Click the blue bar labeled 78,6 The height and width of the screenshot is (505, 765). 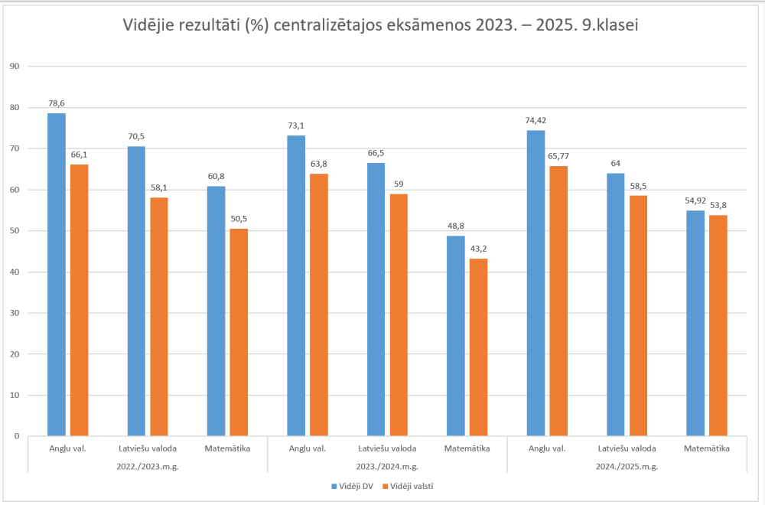(57, 275)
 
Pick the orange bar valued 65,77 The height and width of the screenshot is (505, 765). (558, 301)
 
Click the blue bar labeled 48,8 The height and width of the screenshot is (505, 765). (456, 336)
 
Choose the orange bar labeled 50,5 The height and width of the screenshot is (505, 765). (239, 332)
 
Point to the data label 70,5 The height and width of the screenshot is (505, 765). (136, 138)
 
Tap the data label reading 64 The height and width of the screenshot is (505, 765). (615, 162)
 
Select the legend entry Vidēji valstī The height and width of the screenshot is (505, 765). (412, 485)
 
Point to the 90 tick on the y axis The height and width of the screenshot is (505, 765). (14, 67)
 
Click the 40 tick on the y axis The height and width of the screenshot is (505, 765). (14, 272)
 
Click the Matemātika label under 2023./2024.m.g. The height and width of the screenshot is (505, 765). (467, 448)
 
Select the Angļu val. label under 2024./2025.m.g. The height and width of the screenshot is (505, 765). (547, 448)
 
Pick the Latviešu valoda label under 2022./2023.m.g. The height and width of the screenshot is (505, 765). (148, 448)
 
